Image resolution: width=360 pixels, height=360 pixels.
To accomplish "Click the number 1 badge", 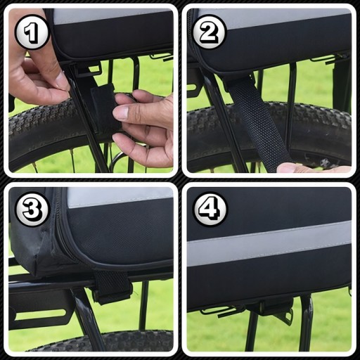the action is click(32, 32).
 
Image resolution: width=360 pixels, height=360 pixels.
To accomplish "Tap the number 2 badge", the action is click(210, 32).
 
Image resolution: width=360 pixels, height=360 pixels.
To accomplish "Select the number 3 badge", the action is click(32, 209).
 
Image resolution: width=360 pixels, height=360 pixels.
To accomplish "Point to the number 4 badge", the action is click(210, 209).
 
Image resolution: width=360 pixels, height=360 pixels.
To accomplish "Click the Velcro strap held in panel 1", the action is click(104, 108).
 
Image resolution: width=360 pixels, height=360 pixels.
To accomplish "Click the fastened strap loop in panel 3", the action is click(112, 286).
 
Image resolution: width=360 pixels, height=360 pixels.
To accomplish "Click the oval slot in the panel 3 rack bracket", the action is click(40, 314).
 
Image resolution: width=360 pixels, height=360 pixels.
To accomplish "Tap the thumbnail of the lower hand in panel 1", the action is click(120, 114).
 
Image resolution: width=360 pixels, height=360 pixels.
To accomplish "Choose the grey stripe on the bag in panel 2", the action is click(274, 18).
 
